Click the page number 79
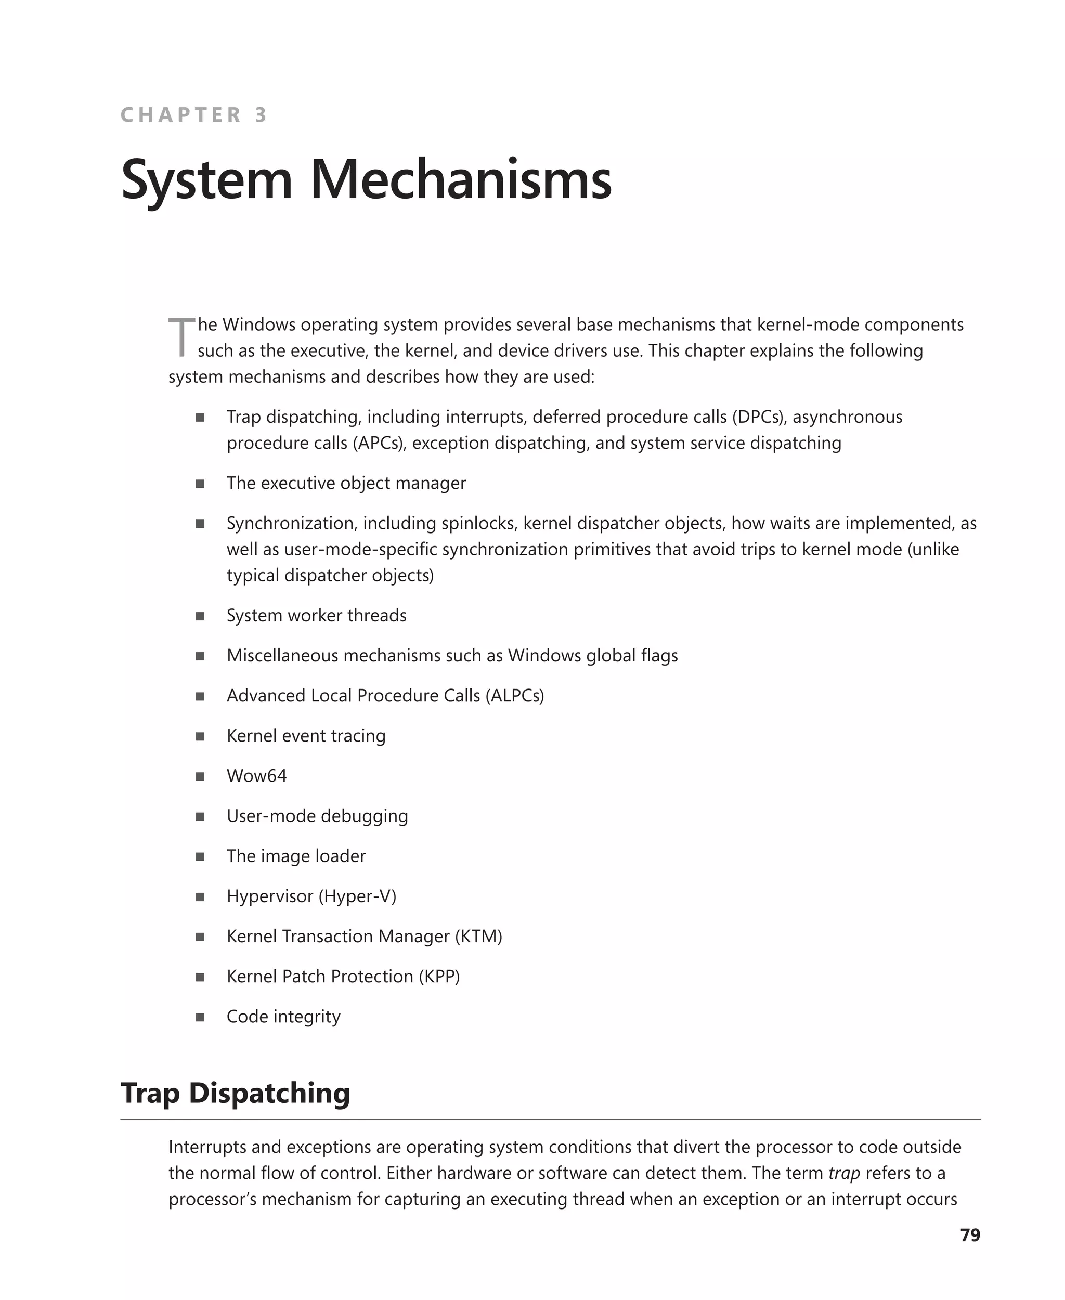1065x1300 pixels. (970, 1235)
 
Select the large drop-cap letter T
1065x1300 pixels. (181, 337)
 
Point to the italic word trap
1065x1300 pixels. (843, 1173)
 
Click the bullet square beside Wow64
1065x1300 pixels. (200, 776)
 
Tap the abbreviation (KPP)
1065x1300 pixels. (439, 976)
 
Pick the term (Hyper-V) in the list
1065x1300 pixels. (358, 896)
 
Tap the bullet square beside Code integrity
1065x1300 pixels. (200, 1017)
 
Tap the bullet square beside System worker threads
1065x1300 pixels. (200, 616)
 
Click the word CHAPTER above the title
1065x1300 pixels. (181, 115)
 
